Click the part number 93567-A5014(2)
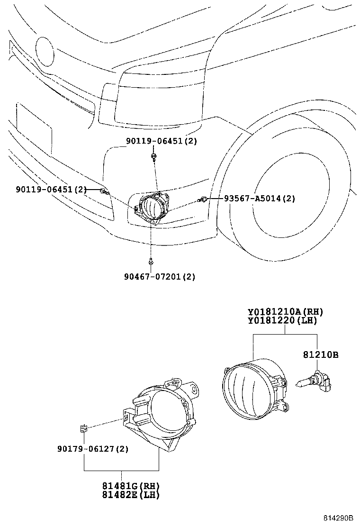tap(260, 199)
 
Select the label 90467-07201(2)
tap(160, 276)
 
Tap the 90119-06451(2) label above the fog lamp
tap(161, 141)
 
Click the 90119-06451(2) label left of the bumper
tap(51, 190)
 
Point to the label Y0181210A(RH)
tap(285, 312)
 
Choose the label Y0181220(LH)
tap(282, 321)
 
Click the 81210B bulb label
tap(320, 354)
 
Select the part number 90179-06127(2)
tap(94, 449)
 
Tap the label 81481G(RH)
tap(131, 486)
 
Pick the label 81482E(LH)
tap(131, 495)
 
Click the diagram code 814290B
tap(339, 519)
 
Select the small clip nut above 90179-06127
tap(83, 429)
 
